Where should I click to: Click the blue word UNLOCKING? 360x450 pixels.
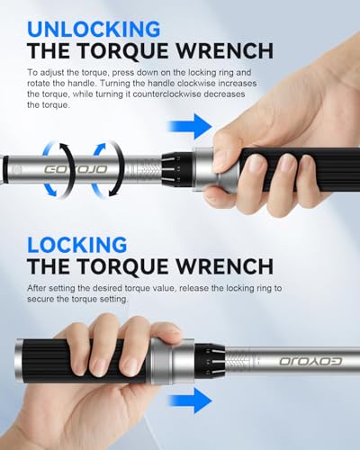94,29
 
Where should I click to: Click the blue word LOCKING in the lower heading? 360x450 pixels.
77,245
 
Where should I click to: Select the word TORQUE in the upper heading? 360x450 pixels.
124,51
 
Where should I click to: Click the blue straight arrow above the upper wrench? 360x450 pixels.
190,126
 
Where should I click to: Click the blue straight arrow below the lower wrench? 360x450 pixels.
190,400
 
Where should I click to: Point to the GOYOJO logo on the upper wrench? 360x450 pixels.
76,169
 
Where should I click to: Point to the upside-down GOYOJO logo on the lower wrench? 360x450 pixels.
310,361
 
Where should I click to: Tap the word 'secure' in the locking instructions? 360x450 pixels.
40,299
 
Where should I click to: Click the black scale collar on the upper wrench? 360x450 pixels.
177,169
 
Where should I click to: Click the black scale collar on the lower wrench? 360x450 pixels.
210,361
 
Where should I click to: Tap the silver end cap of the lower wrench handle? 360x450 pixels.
20,361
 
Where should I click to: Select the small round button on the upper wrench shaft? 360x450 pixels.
17,170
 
